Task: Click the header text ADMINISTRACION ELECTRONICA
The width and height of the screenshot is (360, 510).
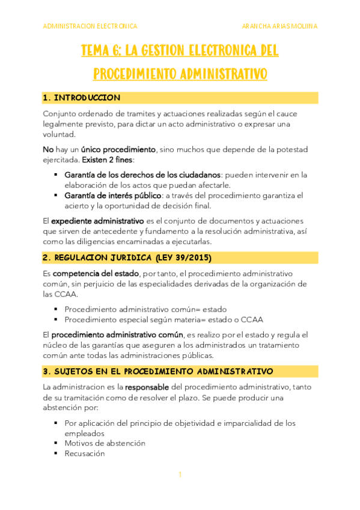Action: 90,26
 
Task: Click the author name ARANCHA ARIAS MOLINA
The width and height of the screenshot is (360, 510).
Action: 279,26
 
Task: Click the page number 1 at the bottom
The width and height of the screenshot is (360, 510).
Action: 180,475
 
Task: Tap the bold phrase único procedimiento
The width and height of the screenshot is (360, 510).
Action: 127,149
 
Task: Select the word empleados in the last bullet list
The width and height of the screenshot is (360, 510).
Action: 85,433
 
